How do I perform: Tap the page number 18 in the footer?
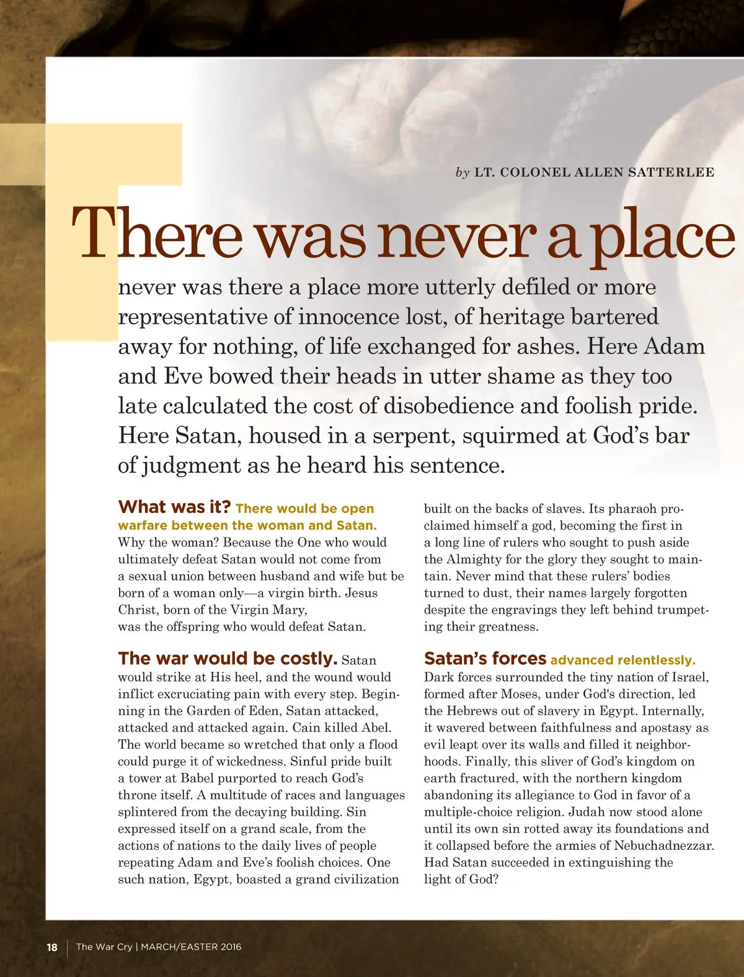click(52, 947)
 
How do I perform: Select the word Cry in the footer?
click(125, 947)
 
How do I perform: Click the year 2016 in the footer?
click(229, 947)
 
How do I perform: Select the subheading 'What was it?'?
click(174, 507)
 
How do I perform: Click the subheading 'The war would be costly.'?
click(228, 659)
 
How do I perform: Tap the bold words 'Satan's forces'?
click(485, 659)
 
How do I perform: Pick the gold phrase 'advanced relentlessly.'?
click(622, 660)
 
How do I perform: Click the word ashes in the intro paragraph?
click(547, 346)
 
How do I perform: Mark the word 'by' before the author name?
click(463, 173)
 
